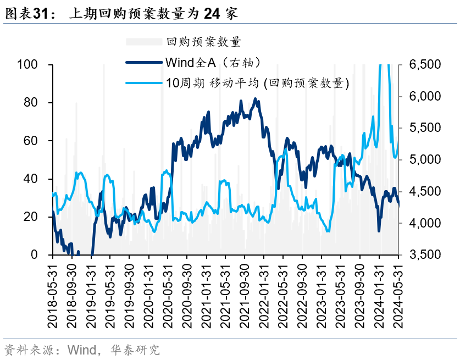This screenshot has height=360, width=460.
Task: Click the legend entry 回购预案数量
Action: pos(203,42)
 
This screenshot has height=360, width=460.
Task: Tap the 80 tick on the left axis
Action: pos(31,103)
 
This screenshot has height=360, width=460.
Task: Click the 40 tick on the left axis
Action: pos(31,179)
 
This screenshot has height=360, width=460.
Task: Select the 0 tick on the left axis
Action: pos(34,254)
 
